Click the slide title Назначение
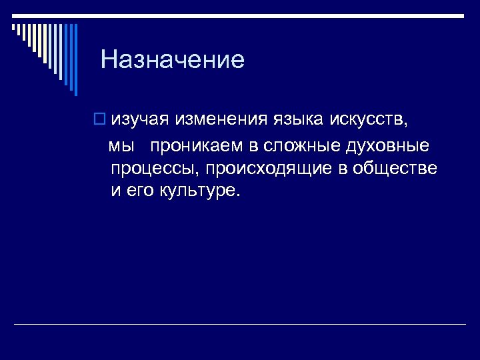[173, 61]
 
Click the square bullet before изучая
[99, 119]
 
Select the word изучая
[141, 120]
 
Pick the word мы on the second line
[122, 146]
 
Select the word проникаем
[197, 146]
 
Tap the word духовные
[386, 145]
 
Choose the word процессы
[151, 169]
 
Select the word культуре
[199, 191]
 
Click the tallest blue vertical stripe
[75, 60]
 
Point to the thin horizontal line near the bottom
[240, 325]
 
